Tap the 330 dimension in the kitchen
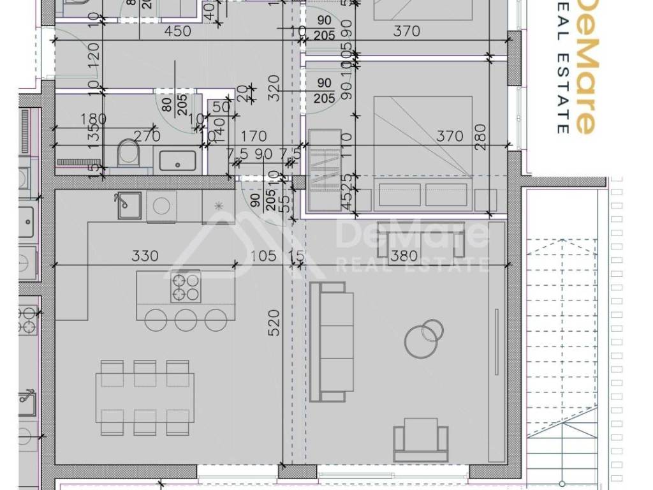(x=145, y=256)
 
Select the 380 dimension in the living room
(x=404, y=256)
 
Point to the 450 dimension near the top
(x=178, y=31)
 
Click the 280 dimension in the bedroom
(x=480, y=136)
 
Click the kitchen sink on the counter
(x=128, y=205)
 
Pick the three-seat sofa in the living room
(x=332, y=342)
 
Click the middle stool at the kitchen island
(x=186, y=319)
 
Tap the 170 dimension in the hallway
(x=254, y=136)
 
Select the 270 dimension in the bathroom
(x=146, y=136)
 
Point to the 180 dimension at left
(x=94, y=119)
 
